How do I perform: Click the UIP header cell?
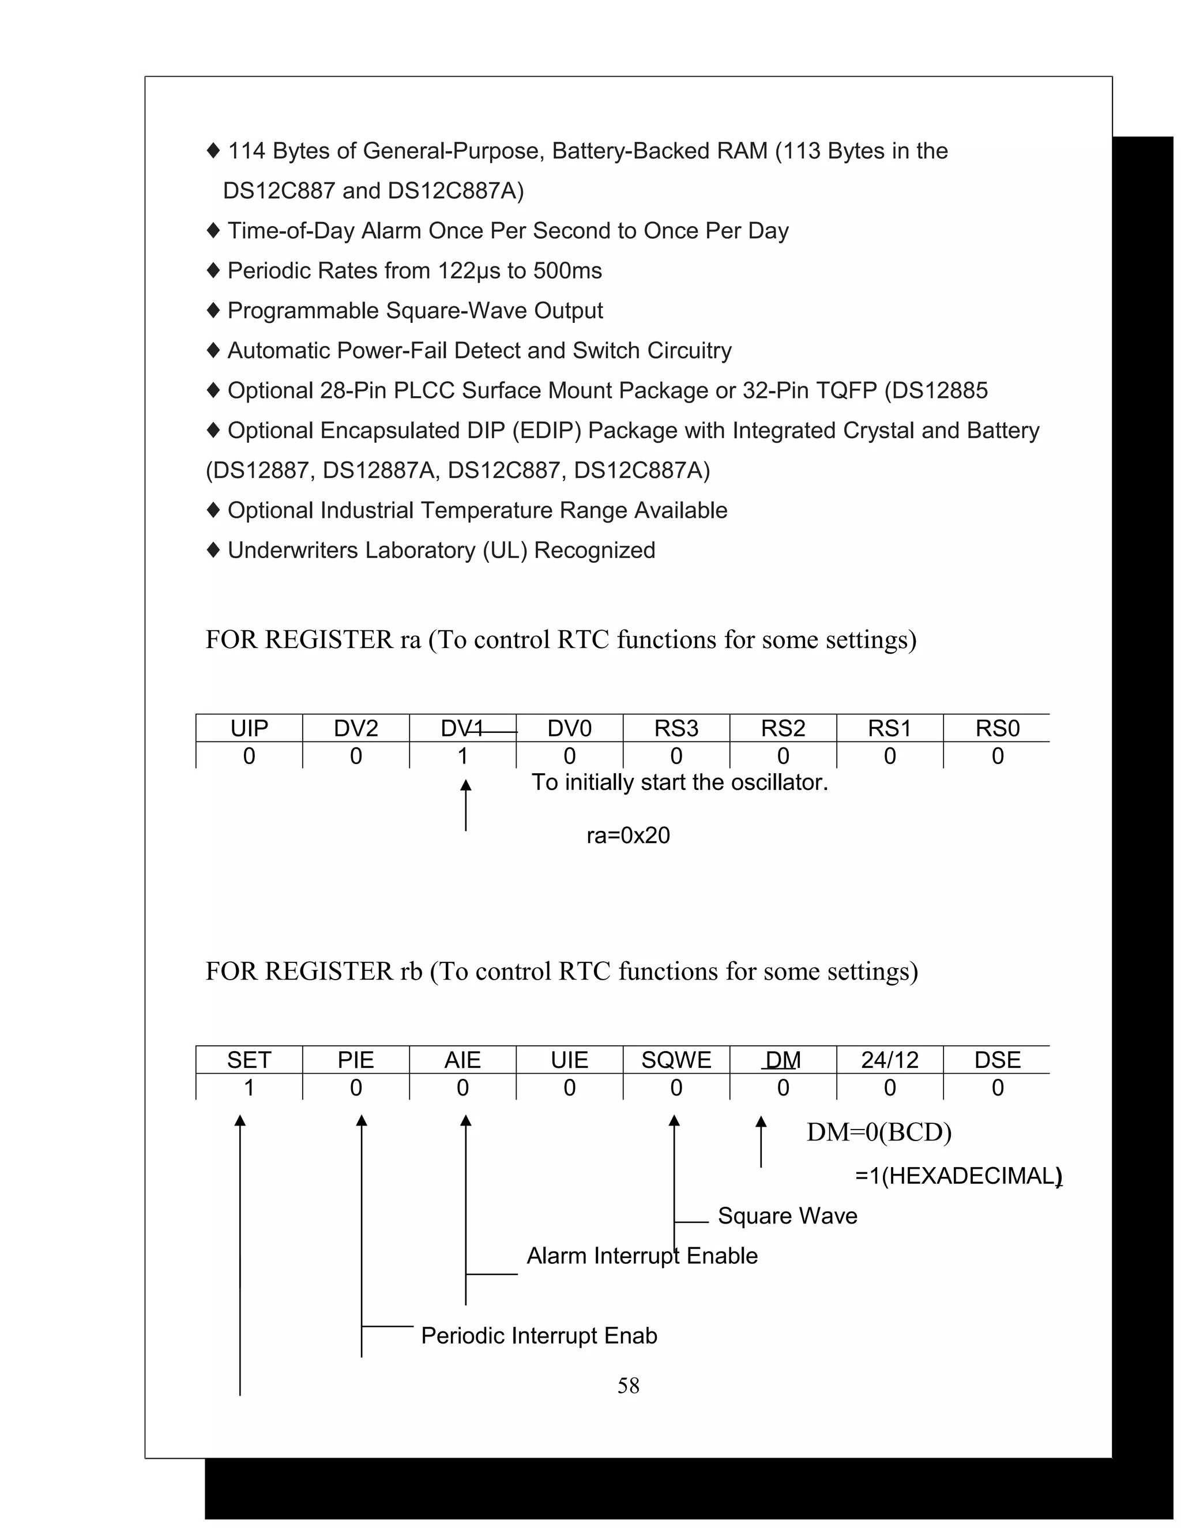[x=249, y=728]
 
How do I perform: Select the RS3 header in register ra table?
[x=676, y=728]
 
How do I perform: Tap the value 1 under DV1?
[x=462, y=755]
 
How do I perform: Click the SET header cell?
[x=249, y=1060]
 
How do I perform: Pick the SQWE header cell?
[x=676, y=1060]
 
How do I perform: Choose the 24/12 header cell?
[x=889, y=1060]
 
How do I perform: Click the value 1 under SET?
[x=249, y=1087]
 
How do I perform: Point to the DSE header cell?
[x=997, y=1060]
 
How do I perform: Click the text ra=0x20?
[x=627, y=835]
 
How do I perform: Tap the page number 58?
[x=627, y=1385]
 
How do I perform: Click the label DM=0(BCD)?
[x=879, y=1132]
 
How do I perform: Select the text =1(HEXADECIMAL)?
[x=957, y=1175]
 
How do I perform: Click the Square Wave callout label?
[x=787, y=1216]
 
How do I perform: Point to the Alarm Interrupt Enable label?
[x=642, y=1256]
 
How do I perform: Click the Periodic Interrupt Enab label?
[x=539, y=1335]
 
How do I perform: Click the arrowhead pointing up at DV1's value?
[x=466, y=786]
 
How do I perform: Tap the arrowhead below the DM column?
[x=761, y=1122]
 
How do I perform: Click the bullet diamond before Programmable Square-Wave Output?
[x=213, y=310]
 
